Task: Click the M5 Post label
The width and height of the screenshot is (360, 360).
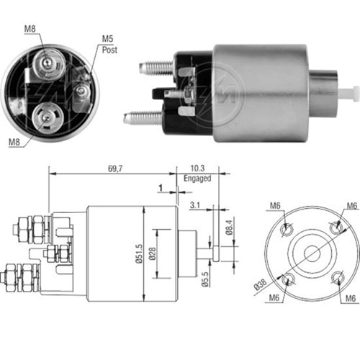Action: click(109, 44)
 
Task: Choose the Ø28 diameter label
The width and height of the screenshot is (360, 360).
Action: click(164, 255)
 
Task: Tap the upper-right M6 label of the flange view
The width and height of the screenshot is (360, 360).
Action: click(351, 207)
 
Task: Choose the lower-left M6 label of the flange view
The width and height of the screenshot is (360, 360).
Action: click(274, 297)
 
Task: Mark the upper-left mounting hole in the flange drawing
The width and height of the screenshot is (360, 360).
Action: click(287, 229)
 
